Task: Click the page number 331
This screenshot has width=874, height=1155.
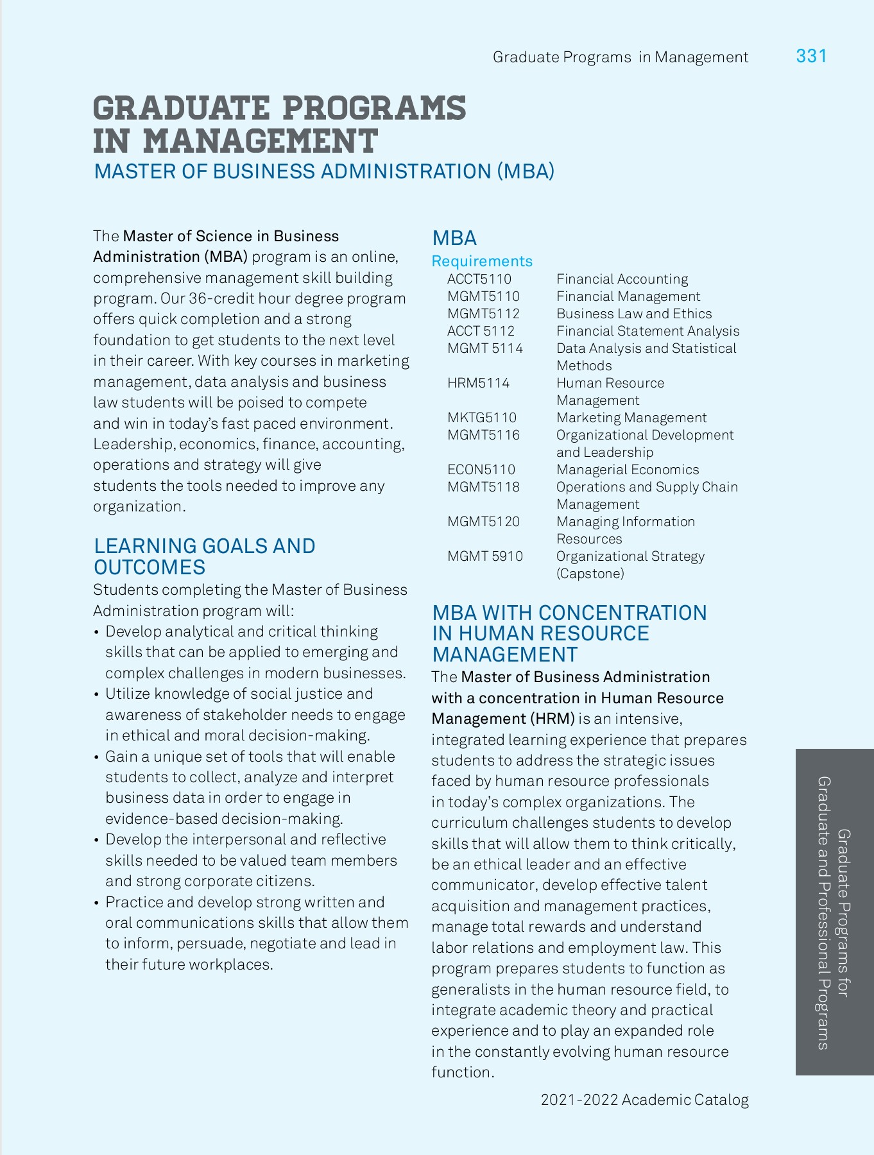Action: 811,56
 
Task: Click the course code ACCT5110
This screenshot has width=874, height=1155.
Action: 479,279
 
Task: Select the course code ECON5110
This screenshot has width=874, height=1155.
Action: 481,470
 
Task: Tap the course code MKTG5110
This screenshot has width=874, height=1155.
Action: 482,418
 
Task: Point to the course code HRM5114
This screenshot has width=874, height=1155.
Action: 478,383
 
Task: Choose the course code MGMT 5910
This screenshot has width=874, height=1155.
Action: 485,556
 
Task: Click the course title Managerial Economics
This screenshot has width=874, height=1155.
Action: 628,470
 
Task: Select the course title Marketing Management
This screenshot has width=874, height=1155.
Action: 631,418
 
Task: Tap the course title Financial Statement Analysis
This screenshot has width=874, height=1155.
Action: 647,331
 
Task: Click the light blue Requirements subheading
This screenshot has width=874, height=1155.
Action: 482,261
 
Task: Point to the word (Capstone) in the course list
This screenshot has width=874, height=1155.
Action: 590,574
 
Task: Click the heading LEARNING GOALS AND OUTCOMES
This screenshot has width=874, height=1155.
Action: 204,556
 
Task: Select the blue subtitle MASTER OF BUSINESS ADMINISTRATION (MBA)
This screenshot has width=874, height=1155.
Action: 324,172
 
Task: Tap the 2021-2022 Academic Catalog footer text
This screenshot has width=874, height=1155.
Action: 644,1100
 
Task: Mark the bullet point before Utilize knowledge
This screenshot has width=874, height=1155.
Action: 96,695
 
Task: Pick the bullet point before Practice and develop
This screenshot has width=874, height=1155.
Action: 96,903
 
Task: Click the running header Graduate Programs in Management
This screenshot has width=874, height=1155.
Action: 620,58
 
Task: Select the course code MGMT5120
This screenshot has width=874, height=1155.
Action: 483,522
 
